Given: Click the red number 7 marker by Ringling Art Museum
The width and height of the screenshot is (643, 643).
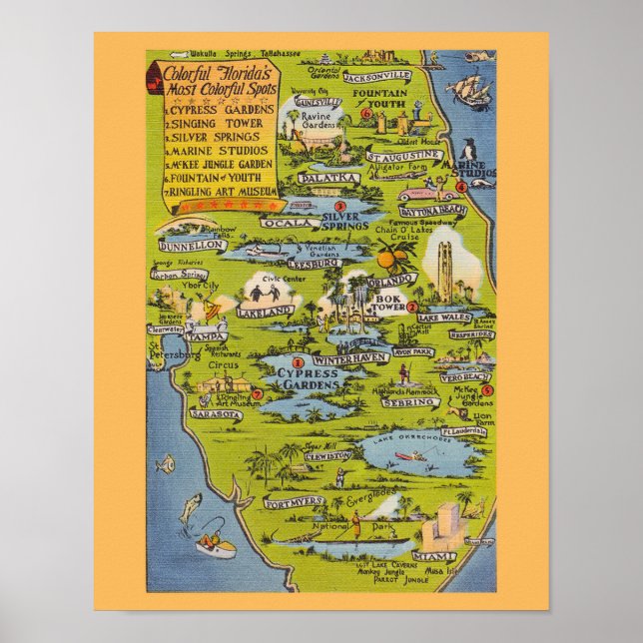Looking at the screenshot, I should (257, 394).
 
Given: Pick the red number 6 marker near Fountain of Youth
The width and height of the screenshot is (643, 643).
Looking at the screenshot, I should (366, 114).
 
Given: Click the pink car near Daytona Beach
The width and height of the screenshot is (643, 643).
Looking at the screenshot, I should (411, 195).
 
